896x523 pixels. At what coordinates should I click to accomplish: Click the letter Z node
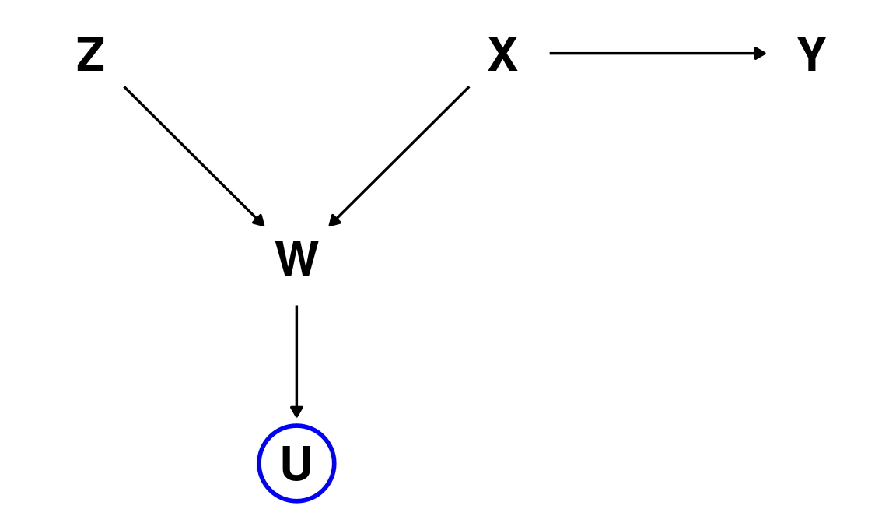coord(90,56)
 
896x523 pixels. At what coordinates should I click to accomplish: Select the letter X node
coord(502,56)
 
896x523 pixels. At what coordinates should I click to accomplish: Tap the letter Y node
coord(811,56)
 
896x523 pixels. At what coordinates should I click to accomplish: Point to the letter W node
coord(296,260)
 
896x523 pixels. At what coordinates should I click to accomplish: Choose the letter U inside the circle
coord(296,464)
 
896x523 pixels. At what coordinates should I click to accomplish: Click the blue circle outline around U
coord(259,464)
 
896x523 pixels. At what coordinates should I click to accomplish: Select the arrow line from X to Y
coord(653,54)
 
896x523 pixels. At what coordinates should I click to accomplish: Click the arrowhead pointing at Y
coord(761,54)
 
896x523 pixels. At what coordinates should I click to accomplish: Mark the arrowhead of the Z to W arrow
coord(260,221)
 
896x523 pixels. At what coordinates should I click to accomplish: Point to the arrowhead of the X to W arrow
coord(334,221)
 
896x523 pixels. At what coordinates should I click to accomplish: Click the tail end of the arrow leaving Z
coord(125,87)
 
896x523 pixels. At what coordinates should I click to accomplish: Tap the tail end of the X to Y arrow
coord(551,54)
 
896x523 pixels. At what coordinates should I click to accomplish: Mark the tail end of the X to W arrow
coord(468,87)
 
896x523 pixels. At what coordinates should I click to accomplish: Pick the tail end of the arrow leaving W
coord(296,307)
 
